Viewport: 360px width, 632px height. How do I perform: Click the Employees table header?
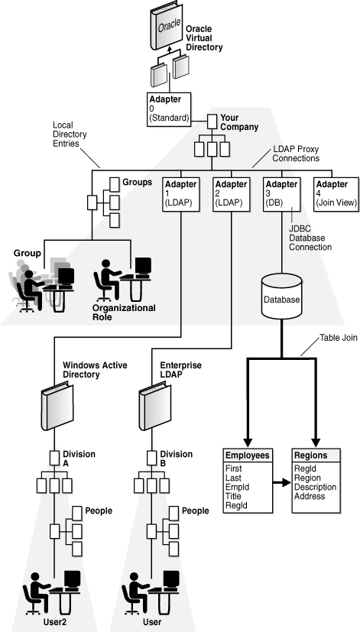pyautogui.click(x=248, y=455)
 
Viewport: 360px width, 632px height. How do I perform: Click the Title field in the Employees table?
pyautogui.click(x=234, y=495)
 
